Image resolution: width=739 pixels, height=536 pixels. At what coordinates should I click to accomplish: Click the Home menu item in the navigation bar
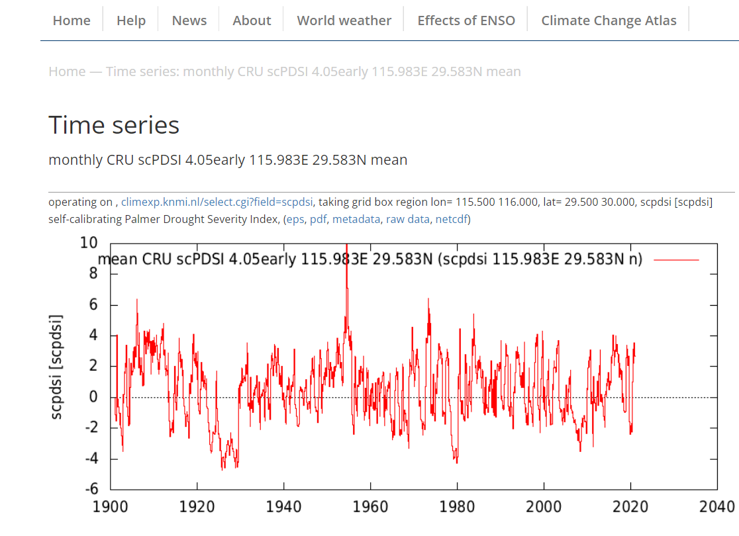pos(72,21)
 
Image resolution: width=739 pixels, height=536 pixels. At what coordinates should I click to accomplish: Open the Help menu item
pos(131,21)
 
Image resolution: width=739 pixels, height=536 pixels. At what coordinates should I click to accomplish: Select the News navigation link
pos(189,21)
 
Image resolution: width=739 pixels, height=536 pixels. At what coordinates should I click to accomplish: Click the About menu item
pos(252,21)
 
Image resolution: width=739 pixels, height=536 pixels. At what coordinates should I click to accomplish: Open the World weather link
pos(344,21)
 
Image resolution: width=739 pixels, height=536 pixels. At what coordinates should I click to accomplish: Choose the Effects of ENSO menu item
pos(466,21)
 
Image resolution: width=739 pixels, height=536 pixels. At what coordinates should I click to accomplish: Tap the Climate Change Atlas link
pos(609,21)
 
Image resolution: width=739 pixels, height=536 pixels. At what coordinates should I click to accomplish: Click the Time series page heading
pos(114,125)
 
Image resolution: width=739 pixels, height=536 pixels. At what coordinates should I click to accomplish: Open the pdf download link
pos(319,219)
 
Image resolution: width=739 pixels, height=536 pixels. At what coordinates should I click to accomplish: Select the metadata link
pos(356,219)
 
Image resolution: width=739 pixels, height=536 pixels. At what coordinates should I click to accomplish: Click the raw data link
pos(408,219)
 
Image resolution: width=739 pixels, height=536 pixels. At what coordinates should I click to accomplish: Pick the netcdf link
pos(451,219)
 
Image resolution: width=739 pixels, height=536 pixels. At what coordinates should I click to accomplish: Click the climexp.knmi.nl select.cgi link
pos(217,202)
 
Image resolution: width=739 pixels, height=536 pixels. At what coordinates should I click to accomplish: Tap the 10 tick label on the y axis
pos(89,243)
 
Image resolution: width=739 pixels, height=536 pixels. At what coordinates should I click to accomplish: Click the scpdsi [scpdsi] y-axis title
pos(57,366)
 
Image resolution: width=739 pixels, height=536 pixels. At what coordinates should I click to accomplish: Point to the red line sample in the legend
pos(676,260)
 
